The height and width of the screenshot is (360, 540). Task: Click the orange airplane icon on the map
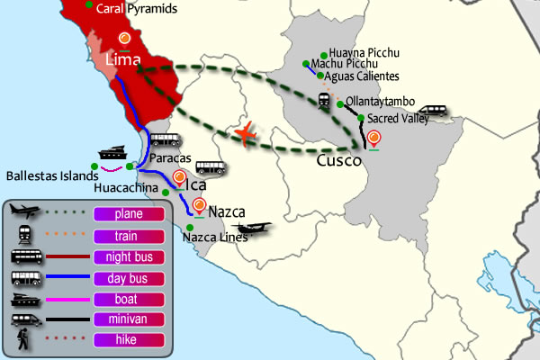pos(246,134)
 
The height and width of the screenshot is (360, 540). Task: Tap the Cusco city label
pos(339,160)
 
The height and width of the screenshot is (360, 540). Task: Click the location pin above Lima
pos(124,40)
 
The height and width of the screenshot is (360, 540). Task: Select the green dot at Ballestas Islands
pos(94,166)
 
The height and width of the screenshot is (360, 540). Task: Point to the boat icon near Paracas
pos(112,153)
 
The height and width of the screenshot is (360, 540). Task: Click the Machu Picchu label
pos(344,64)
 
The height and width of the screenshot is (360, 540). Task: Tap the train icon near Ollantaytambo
pos(324,101)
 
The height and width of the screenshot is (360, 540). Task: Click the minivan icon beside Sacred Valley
pos(433,111)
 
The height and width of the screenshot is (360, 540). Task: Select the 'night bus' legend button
pos(129,257)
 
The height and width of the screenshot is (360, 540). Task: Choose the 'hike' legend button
pos(129,340)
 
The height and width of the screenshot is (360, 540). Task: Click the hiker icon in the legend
pos(23,339)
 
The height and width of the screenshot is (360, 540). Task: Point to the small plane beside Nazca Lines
pos(252,228)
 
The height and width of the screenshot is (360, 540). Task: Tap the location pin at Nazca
pos(199,207)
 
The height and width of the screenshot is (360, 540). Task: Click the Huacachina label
pos(126,188)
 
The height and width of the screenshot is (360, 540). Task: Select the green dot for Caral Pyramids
pos(89,4)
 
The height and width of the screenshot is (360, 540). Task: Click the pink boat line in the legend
pos(67,300)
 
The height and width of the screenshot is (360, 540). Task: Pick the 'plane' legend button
pos(129,214)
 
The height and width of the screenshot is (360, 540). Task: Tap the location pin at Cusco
pos(373,139)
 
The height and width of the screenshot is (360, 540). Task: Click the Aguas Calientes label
pos(362,76)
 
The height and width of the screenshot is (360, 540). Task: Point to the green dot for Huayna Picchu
pos(324,56)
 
